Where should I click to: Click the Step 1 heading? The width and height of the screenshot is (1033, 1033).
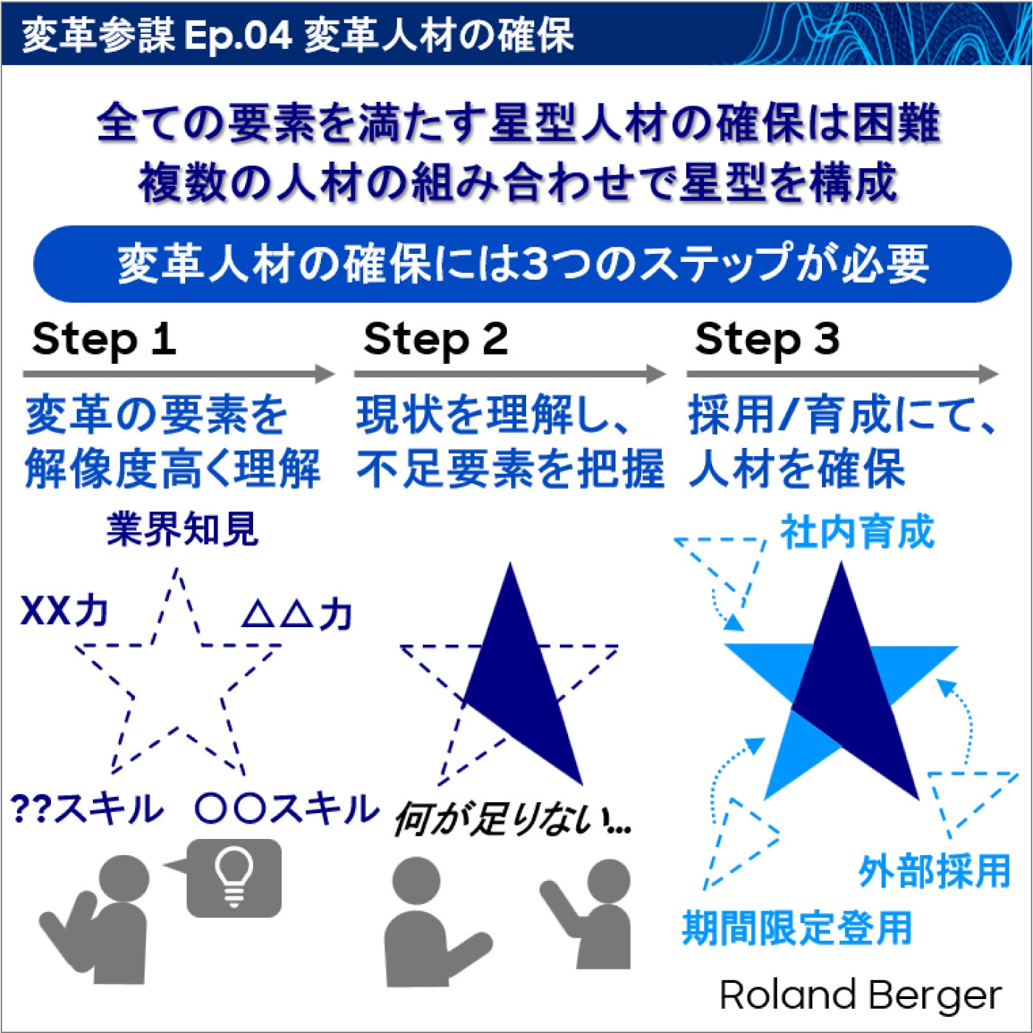tap(104, 341)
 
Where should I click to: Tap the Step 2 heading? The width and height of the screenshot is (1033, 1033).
tap(436, 341)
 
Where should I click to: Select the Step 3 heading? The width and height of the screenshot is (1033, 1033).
tap(767, 341)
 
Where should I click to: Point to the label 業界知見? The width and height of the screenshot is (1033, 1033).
tap(182, 530)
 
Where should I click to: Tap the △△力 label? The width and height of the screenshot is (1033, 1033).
tap(297, 615)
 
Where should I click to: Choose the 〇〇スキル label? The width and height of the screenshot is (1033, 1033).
tap(287, 809)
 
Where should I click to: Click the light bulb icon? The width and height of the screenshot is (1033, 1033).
tap(234, 877)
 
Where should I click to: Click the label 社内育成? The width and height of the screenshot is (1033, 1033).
tap(857, 532)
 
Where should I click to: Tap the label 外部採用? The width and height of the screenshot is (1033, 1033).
tap(934, 871)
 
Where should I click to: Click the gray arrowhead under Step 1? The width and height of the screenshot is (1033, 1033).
tap(325, 373)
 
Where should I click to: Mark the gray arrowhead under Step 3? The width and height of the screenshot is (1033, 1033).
tap(989, 373)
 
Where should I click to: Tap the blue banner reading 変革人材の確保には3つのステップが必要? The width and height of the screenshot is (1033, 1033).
tap(522, 263)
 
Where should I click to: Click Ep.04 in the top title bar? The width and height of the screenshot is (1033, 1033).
tap(238, 36)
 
